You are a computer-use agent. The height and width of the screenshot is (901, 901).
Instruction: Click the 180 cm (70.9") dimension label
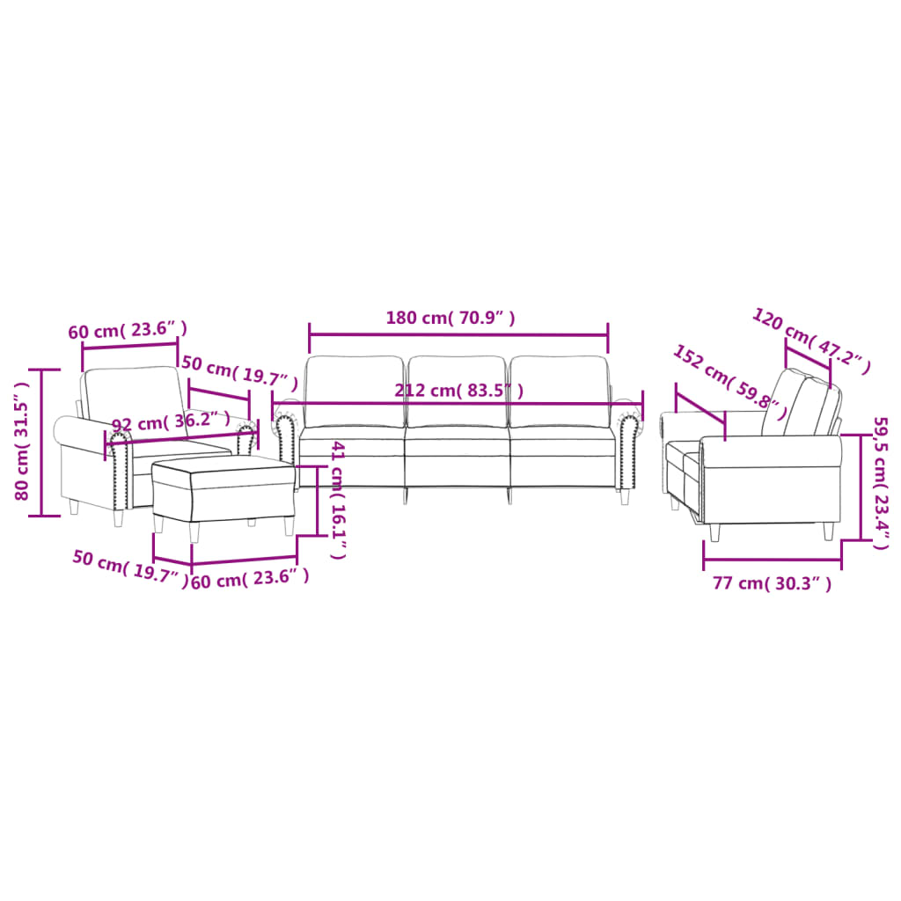[450, 319]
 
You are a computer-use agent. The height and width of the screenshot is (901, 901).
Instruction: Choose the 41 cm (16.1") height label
[338, 501]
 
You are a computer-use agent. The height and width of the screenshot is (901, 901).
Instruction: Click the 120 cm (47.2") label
[810, 341]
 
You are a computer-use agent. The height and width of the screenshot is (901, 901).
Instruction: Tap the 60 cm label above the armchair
[128, 331]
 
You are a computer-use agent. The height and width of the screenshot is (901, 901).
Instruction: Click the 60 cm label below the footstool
[250, 577]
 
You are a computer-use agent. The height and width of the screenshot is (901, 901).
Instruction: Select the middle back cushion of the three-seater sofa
[457, 391]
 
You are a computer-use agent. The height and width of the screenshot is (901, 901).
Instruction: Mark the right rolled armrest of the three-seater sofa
[628, 449]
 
